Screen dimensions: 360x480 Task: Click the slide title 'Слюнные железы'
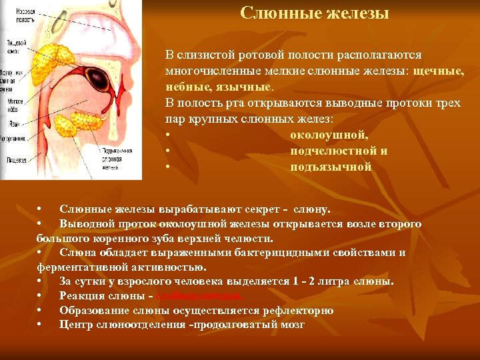[314, 13]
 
